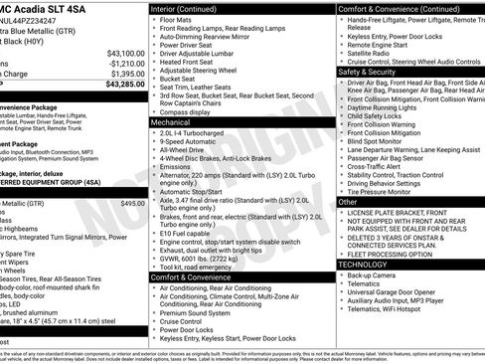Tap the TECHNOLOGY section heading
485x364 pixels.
tap(364, 264)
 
